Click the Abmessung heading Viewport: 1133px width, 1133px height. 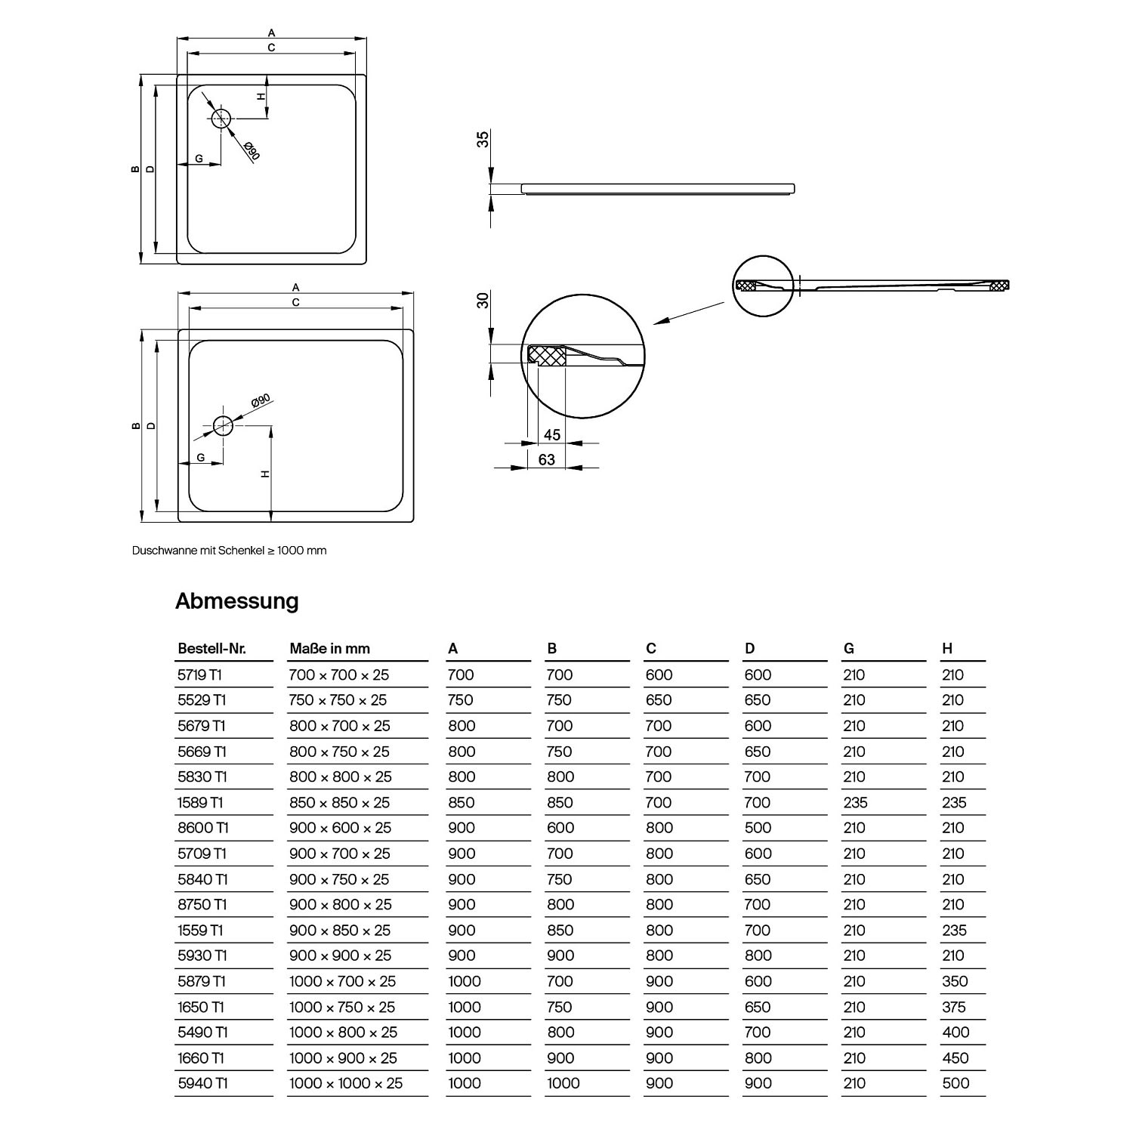237,601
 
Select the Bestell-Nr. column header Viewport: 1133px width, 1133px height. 211,649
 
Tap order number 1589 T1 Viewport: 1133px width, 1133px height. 201,803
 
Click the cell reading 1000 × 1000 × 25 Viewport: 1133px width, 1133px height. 346,1083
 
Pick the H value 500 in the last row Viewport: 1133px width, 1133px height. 955,1083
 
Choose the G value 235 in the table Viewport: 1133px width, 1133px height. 855,803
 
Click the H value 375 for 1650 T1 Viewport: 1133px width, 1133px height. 955,1007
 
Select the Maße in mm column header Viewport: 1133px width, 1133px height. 329,649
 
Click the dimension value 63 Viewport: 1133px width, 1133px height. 547,459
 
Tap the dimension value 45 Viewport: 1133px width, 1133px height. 552,435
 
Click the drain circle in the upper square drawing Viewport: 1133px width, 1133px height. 221,119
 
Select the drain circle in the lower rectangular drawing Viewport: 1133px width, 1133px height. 223,425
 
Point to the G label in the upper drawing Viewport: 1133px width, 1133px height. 199,159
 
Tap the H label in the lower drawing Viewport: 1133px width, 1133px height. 265,474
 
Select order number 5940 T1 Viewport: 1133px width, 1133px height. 202,1083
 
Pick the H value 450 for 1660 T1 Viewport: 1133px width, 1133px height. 955,1058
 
